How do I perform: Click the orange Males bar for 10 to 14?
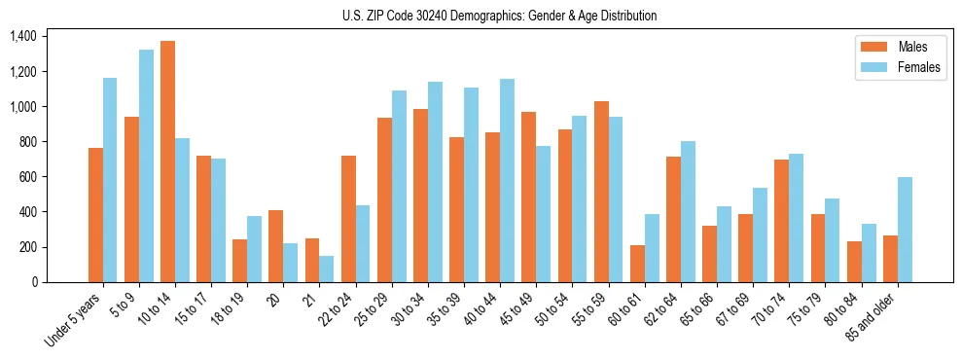click(x=167, y=162)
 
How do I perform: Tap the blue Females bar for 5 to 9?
click(x=146, y=165)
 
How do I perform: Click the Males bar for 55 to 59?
click(x=601, y=192)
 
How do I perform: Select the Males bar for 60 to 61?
click(x=637, y=264)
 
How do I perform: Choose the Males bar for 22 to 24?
click(x=348, y=219)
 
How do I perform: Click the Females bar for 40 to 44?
click(x=508, y=180)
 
